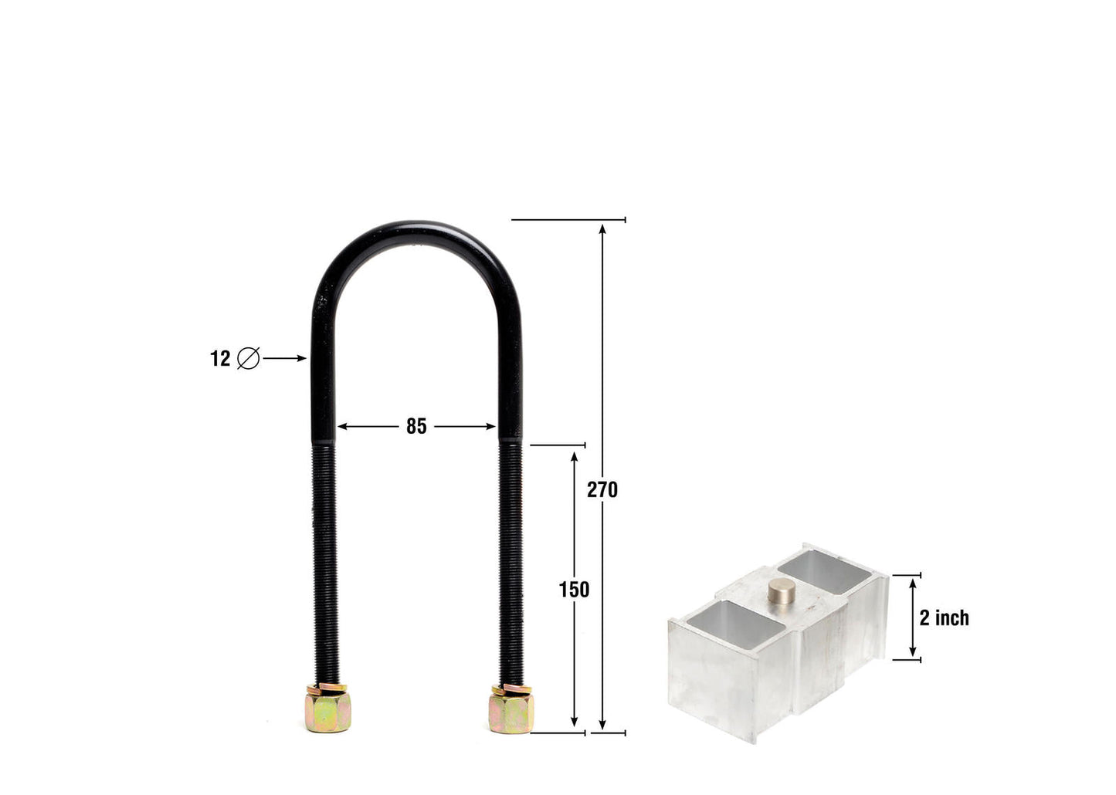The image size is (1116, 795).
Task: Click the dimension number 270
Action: click(602, 489)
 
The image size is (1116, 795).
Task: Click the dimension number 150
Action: click(574, 590)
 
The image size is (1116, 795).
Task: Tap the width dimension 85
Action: click(416, 426)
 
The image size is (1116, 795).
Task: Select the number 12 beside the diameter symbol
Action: click(220, 359)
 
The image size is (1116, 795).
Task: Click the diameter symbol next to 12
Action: click(248, 359)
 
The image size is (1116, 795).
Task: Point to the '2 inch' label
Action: click(944, 618)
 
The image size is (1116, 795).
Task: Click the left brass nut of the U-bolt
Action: click(328, 709)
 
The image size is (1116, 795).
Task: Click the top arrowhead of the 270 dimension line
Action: click(602, 227)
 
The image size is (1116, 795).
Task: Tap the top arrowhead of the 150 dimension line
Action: click(574, 457)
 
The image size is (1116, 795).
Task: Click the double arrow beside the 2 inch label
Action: click(912, 617)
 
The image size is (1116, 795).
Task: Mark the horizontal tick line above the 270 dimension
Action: click(568, 220)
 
